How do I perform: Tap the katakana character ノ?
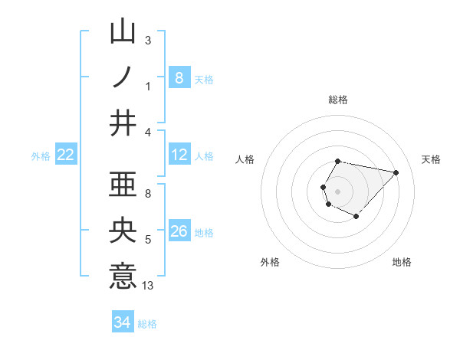tap(123, 77)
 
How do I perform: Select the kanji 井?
tap(123, 123)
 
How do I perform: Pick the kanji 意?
tap(123, 276)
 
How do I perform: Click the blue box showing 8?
tap(179, 77)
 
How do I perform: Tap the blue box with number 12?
tap(179, 155)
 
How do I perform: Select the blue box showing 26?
tap(179, 231)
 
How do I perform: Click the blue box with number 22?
tap(66, 155)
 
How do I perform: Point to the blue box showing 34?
tap(122, 322)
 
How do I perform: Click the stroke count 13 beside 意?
tap(148, 286)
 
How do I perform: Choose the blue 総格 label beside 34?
tap(147, 324)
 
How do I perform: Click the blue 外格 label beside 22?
tap(41, 156)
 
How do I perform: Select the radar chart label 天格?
tap(432, 159)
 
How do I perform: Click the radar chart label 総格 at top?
tap(338, 100)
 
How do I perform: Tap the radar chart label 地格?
tap(402, 262)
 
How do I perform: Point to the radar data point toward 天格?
tap(396, 173)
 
